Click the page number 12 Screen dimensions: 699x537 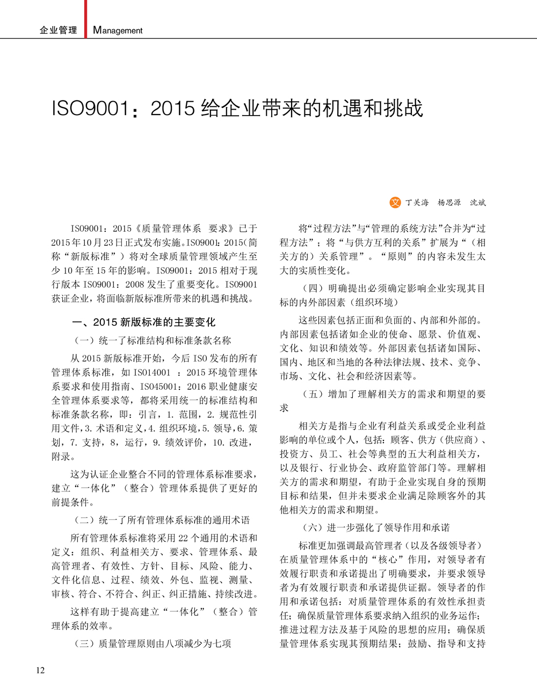click(40, 670)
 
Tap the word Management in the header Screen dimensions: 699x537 click(118, 30)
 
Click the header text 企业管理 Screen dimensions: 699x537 click(59, 30)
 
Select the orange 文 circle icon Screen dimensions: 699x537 click(395, 202)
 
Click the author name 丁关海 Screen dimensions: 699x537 click(417, 203)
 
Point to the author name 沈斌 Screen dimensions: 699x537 click(477, 203)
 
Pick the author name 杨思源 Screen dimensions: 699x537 click(449, 203)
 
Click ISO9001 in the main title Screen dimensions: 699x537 click(90, 109)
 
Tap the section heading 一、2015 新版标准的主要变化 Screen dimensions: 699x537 click(143, 322)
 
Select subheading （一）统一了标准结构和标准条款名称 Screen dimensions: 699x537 click(153, 340)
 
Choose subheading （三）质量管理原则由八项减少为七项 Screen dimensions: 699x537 click(153, 644)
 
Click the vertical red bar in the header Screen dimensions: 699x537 click(85, 19)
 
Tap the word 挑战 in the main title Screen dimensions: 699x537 click(403, 109)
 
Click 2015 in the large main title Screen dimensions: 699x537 click(172, 109)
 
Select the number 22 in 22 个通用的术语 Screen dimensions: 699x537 click(184, 538)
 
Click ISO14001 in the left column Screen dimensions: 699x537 click(152, 372)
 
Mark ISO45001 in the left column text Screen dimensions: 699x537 click(161, 386)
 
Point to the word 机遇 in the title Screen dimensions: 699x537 click(343, 109)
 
